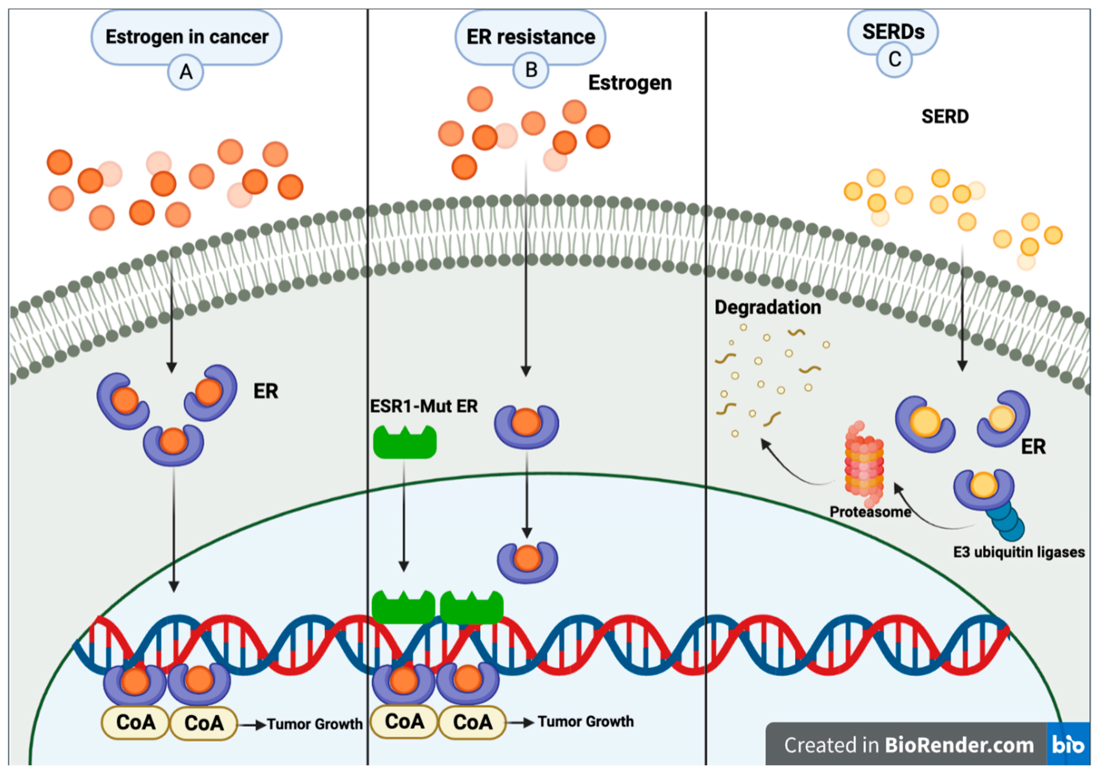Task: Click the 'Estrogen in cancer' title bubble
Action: pyautogui.click(x=186, y=37)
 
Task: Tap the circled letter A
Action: pyautogui.click(x=186, y=72)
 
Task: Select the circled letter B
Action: pyautogui.click(x=531, y=70)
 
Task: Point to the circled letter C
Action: pyautogui.click(x=895, y=59)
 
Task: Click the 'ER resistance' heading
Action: pyautogui.click(x=530, y=37)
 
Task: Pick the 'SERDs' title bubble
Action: pyautogui.click(x=893, y=32)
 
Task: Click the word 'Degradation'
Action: pyautogui.click(x=767, y=307)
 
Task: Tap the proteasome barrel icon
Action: pyautogui.click(x=864, y=463)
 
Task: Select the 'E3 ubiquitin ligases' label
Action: pyautogui.click(x=1019, y=552)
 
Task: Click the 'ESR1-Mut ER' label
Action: pyautogui.click(x=424, y=406)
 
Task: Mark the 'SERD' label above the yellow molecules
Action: pyautogui.click(x=945, y=117)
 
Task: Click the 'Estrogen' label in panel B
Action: pyautogui.click(x=630, y=83)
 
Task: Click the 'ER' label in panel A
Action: pyautogui.click(x=266, y=391)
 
